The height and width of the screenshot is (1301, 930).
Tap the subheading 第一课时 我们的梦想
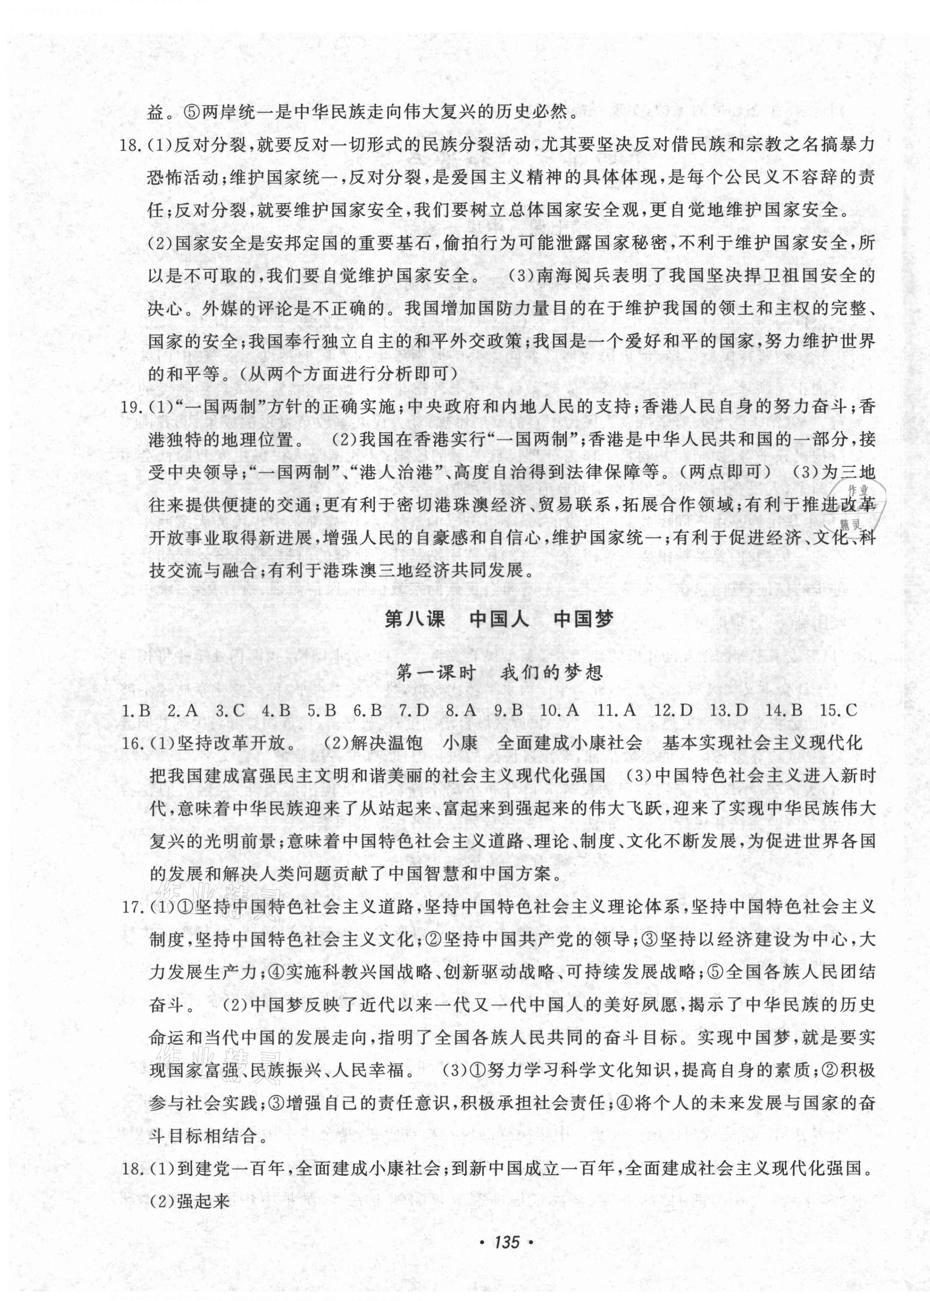pyautogui.click(x=499, y=672)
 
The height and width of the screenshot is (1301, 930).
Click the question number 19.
pyautogui.click(x=133, y=408)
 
